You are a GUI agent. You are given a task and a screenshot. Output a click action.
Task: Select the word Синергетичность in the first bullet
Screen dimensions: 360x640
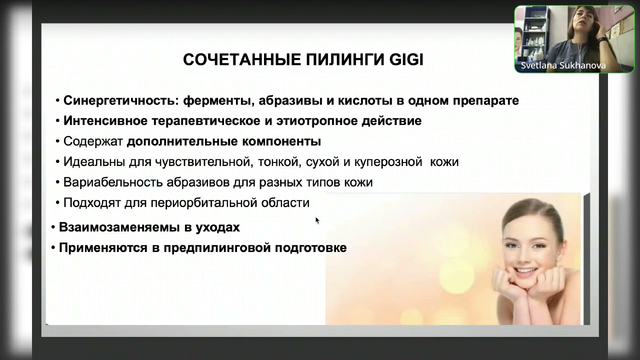pos(118,100)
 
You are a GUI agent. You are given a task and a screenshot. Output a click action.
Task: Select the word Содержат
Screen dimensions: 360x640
pos(93,141)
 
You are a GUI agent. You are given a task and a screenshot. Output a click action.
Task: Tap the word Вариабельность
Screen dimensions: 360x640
pos(114,182)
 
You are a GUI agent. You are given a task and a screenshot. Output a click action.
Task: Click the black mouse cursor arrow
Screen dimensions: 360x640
pos(317,220)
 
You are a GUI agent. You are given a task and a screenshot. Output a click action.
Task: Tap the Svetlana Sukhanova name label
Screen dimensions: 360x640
pos(563,66)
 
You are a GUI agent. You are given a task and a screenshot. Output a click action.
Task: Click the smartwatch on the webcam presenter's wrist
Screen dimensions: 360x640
pos(602,39)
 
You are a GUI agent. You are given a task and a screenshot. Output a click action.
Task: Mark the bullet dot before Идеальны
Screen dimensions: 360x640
pos(58,162)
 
